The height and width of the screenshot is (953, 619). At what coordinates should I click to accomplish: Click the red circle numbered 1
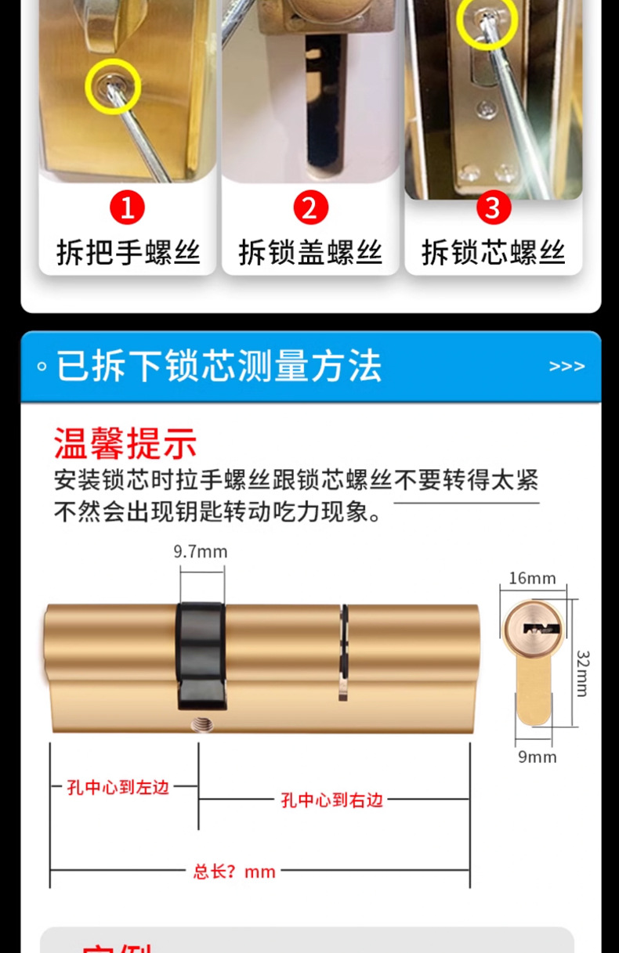[128, 209]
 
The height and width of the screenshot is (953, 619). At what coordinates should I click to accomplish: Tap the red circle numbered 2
[309, 209]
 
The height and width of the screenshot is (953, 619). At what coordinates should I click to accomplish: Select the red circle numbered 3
[493, 209]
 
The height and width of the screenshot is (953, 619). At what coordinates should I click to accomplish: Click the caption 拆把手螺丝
[128, 252]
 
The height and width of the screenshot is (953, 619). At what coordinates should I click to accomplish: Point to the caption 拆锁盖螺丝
[310, 252]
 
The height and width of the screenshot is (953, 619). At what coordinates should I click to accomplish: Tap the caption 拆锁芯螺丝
[493, 252]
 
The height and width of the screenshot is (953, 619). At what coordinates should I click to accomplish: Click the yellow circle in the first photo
[113, 85]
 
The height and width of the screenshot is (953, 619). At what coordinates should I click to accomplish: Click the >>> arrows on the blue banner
[567, 366]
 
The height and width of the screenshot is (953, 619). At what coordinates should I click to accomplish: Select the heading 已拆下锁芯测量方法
[219, 366]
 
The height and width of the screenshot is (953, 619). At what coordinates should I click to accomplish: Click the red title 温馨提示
[125, 443]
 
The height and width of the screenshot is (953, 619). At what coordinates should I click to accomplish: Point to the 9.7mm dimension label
[201, 552]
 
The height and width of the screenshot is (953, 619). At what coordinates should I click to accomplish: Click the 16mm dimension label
[532, 579]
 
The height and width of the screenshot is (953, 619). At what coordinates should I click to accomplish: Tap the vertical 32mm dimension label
[583, 673]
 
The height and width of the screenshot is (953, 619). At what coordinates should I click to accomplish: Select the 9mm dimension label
[537, 757]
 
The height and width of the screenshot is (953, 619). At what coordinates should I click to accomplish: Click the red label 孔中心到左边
[118, 787]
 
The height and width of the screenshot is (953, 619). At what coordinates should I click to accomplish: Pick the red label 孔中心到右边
[332, 800]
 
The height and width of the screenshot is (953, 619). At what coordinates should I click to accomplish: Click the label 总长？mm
[235, 872]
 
